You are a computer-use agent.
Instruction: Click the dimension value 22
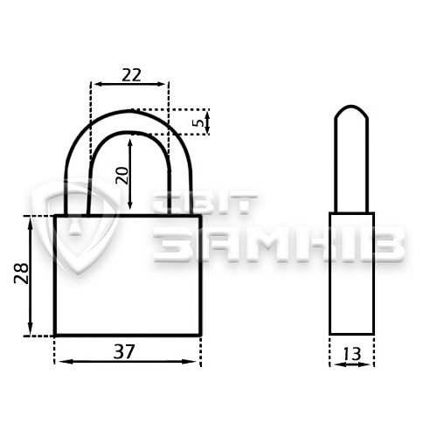tap(131, 75)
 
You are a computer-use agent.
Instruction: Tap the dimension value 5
tap(199, 122)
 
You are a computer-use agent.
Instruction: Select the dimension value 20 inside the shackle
tap(122, 176)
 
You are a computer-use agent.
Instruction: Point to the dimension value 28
tap(21, 274)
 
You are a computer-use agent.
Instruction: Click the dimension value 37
tap(124, 351)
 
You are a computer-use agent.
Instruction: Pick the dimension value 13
tap(352, 354)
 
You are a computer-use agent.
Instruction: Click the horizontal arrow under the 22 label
tap(130, 84)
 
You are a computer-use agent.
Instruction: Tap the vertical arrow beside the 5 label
tap(207, 122)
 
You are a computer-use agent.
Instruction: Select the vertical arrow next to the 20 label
tap(130, 174)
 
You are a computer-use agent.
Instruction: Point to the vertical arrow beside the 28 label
tap(30, 276)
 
